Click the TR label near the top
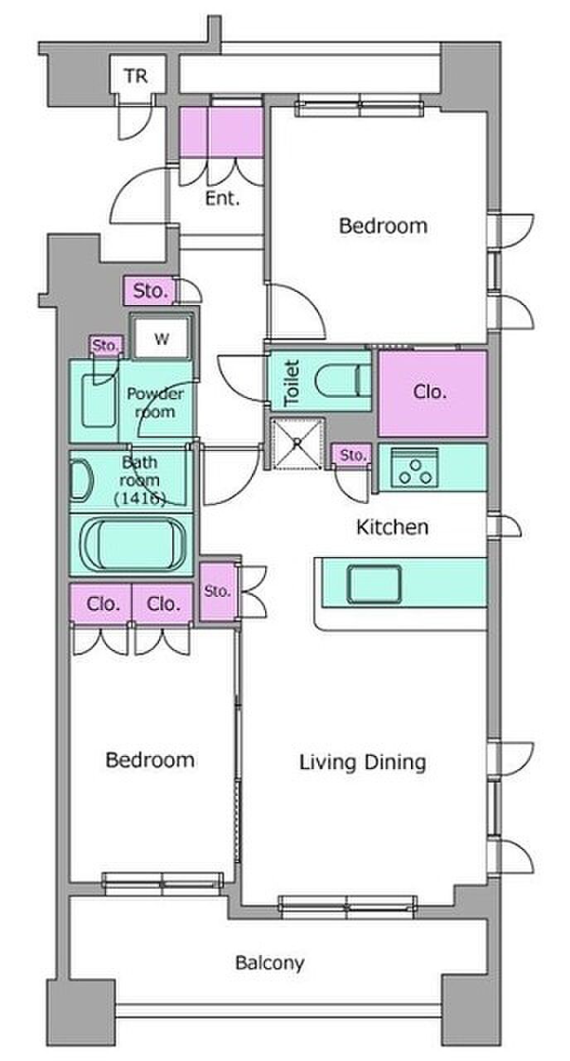coord(137,75)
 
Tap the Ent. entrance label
coord(222,198)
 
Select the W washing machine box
coord(162,337)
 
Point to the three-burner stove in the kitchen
coord(414,467)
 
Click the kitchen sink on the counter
coord(374,584)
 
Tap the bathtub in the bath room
coord(133,544)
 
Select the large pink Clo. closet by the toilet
coord(432,393)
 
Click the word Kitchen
coord(393,527)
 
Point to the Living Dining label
coord(363,763)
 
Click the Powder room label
coord(155,403)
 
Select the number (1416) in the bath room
coord(140,498)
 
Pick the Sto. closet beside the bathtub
coord(218,591)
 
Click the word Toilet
coord(292,383)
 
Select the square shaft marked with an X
coord(297,443)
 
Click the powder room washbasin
coord(99,400)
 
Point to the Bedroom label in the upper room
coord(383,226)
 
